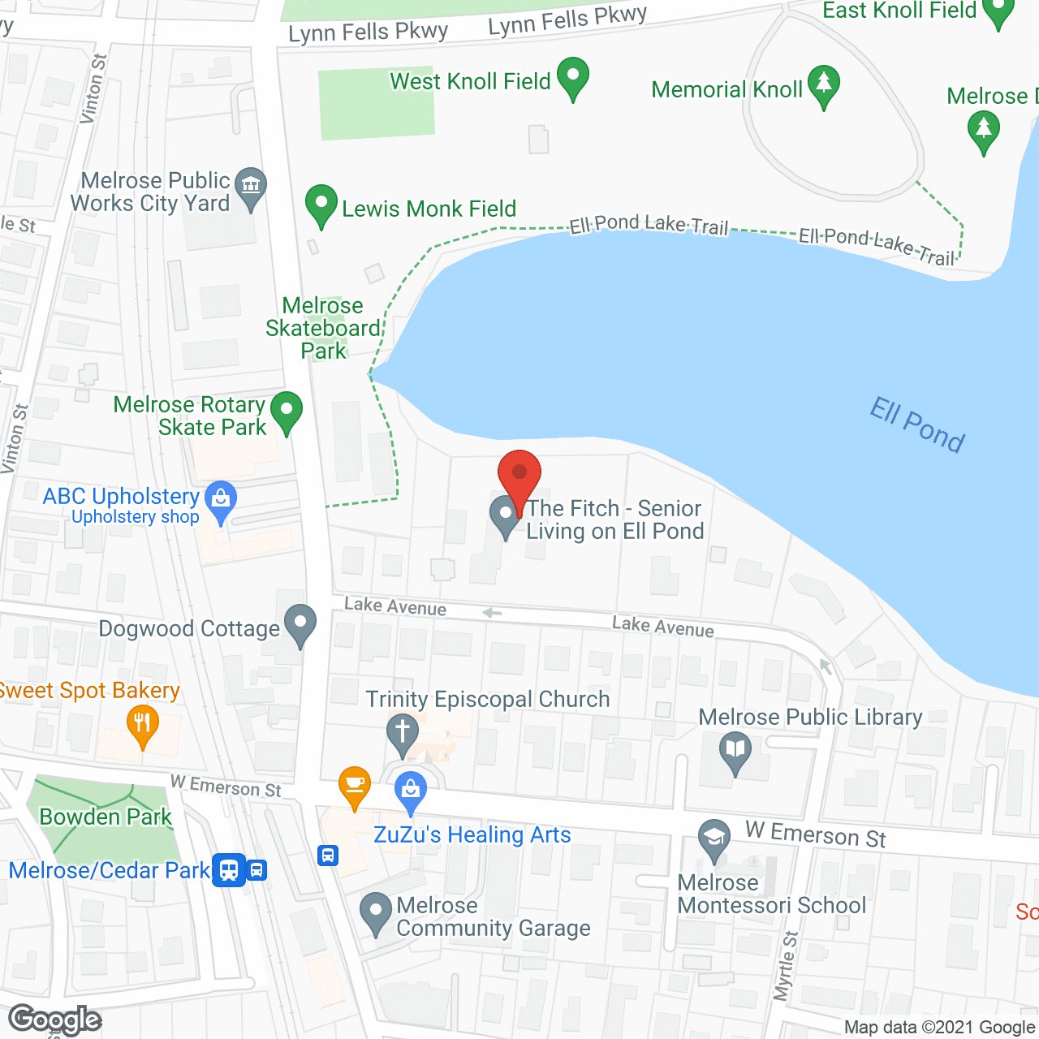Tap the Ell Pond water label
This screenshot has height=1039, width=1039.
pos(917,424)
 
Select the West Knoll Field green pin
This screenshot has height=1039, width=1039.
pos(573,78)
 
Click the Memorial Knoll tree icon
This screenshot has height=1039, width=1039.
pos(824,86)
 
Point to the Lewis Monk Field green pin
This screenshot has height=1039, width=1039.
pos(321,205)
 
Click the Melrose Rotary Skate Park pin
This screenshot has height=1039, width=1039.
pos(286,412)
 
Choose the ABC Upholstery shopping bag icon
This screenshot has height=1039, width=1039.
pos(221,500)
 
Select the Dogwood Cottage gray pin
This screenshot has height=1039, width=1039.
pos(300,625)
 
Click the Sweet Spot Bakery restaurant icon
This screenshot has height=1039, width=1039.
pos(143,724)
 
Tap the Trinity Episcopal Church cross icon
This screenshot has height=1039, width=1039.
pos(402,732)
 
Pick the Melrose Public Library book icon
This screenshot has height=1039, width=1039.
pos(735,752)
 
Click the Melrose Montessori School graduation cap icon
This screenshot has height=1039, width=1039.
pos(714,839)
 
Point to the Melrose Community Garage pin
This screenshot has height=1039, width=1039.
pos(375,912)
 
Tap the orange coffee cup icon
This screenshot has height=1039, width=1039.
pos(355,786)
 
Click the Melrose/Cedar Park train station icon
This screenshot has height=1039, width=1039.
pos(230,870)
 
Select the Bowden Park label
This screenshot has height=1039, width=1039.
pos(106,817)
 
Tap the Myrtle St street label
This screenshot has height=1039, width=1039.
pos(785,966)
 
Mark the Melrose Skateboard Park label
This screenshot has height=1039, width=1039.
pos(323,328)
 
